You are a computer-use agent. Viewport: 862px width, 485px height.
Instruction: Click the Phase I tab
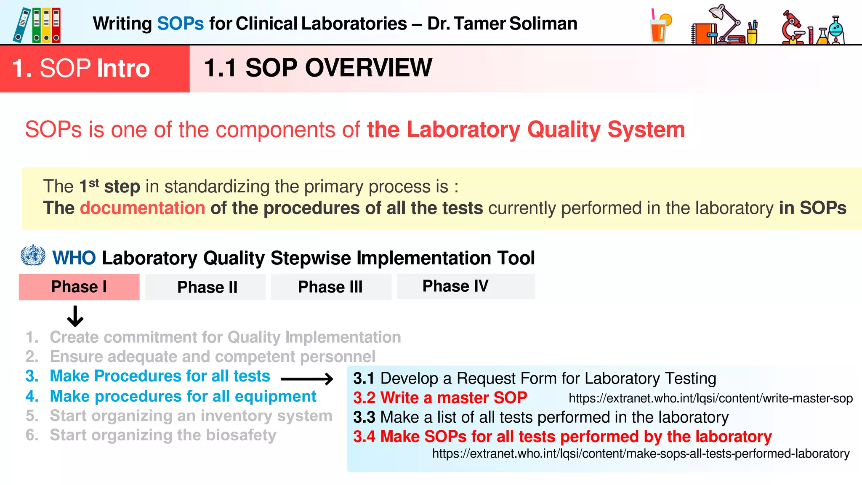(x=79, y=287)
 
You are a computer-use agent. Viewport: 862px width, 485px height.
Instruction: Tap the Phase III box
(x=331, y=287)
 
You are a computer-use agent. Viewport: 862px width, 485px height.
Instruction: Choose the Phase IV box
(x=466, y=286)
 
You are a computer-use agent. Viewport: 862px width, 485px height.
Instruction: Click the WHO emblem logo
(x=33, y=256)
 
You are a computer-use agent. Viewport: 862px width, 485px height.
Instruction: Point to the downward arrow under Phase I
(x=75, y=317)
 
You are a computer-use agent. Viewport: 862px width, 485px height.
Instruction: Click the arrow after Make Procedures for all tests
(x=307, y=379)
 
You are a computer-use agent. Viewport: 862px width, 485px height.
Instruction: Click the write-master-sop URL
(x=710, y=398)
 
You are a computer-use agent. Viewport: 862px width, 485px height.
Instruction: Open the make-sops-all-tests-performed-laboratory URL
(x=641, y=454)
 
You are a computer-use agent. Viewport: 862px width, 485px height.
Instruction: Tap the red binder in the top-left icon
(x=56, y=26)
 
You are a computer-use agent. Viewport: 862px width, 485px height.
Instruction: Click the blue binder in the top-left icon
(x=21, y=26)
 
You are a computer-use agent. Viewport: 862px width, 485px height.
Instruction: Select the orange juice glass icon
(x=660, y=27)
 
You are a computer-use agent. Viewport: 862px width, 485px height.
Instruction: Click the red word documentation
(x=142, y=208)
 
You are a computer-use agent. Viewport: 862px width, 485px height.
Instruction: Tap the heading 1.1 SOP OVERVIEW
(x=318, y=68)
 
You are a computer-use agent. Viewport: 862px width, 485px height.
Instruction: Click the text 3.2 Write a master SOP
(x=440, y=398)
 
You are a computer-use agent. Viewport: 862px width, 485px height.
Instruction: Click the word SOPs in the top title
(x=180, y=24)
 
